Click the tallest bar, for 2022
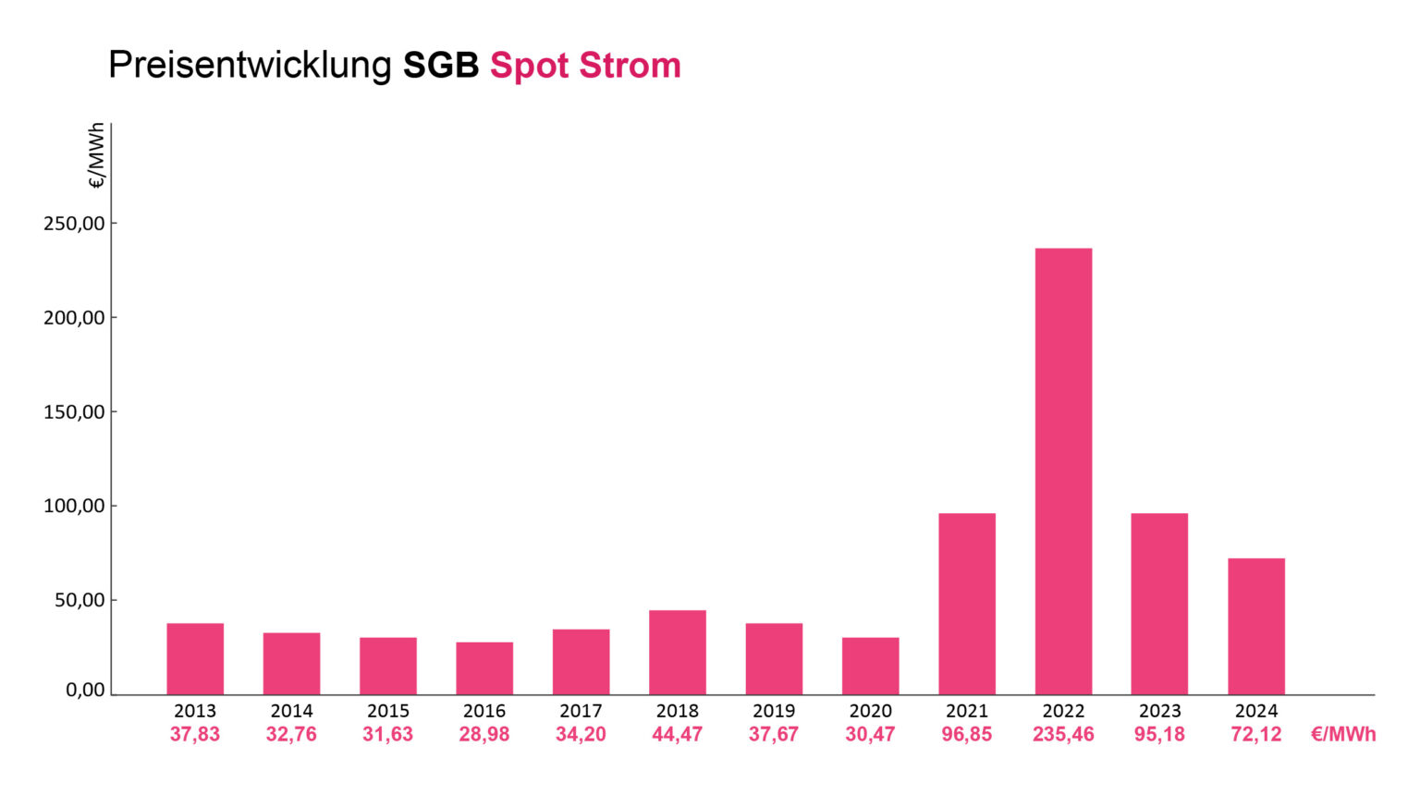[1063, 471]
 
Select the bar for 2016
[484, 668]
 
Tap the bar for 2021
[967, 604]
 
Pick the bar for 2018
[677, 653]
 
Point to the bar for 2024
[1255, 627]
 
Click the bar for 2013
[195, 659]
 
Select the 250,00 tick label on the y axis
[74, 224]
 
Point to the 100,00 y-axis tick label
[74, 506]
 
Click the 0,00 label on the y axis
[85, 690]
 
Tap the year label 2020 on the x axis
[870, 711]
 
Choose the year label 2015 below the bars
[388, 711]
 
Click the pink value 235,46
[1063, 734]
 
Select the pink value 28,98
[484, 734]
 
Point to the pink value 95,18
[1159, 734]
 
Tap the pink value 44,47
[677, 734]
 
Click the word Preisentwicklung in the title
[251, 66]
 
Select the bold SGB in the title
[441, 66]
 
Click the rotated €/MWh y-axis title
[96, 156]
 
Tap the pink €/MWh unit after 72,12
[1343, 734]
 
